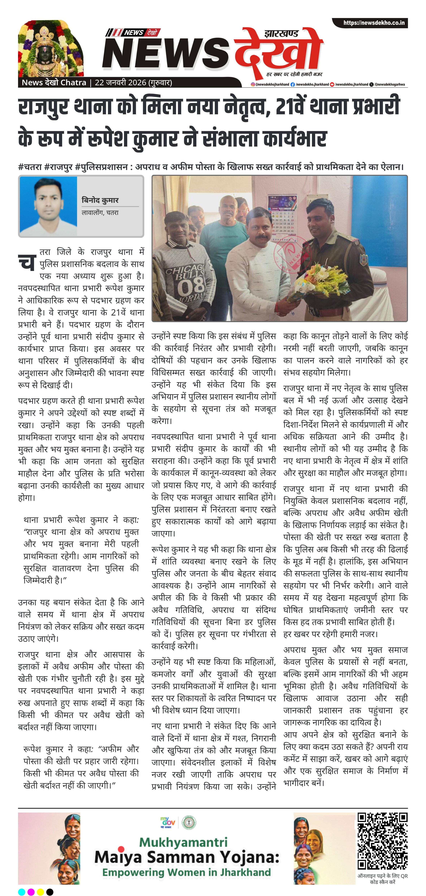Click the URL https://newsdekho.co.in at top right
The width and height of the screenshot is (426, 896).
374,23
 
